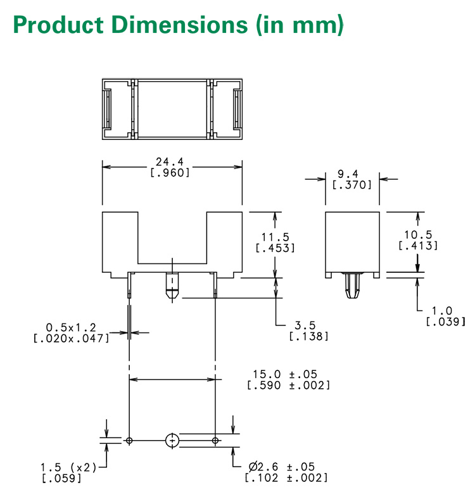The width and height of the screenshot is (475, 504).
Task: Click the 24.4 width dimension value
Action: (170, 161)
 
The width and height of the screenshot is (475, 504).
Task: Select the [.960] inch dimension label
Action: (170, 172)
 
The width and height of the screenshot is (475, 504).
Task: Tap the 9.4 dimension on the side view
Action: (352, 173)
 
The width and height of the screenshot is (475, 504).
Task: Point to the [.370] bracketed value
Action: (352, 184)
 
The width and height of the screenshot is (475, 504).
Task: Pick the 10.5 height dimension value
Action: (418, 234)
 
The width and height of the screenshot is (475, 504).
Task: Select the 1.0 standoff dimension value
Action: (445, 310)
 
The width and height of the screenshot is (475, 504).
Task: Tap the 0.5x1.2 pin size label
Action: (71, 327)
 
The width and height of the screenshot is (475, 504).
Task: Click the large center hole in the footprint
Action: (172, 440)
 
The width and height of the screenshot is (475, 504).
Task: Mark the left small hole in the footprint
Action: (129, 440)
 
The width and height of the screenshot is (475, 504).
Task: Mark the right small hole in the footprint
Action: (215, 440)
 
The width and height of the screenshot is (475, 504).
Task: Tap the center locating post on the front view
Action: (172, 286)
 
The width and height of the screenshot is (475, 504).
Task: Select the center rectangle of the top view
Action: (172, 109)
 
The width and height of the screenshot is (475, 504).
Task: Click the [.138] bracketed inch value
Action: (308, 336)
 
